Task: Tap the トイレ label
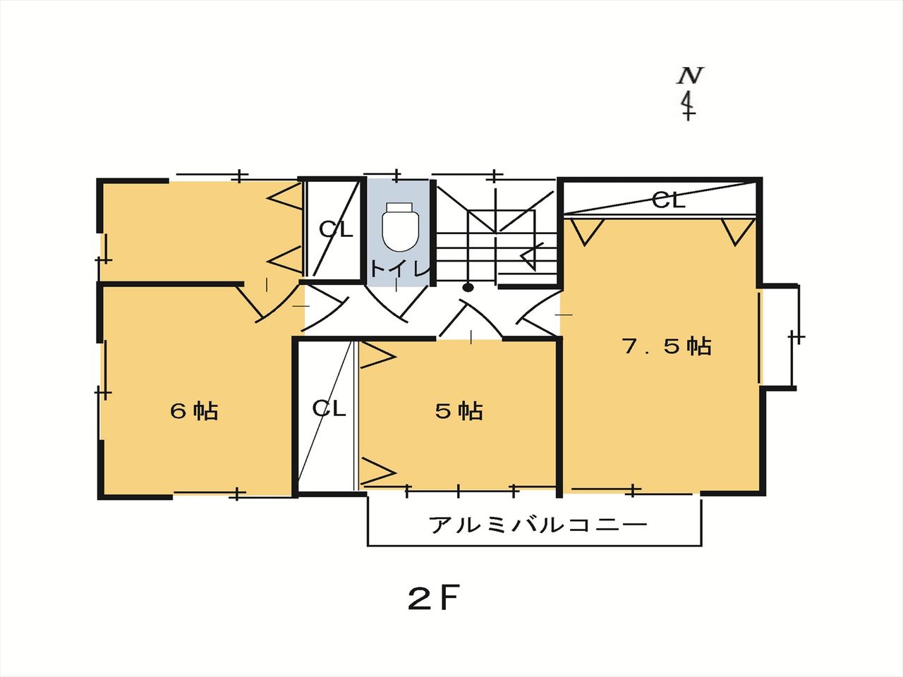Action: tap(400, 269)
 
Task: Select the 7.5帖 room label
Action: tap(667, 346)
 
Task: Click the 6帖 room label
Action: tap(194, 410)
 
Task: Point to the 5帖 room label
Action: tap(459, 410)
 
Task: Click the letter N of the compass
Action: tap(690, 75)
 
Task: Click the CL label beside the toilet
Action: tap(337, 229)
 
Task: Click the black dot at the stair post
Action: tap(468, 287)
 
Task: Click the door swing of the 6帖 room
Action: tap(267, 304)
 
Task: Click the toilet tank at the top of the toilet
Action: tap(400, 207)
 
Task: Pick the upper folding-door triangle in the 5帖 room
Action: tap(377, 356)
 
